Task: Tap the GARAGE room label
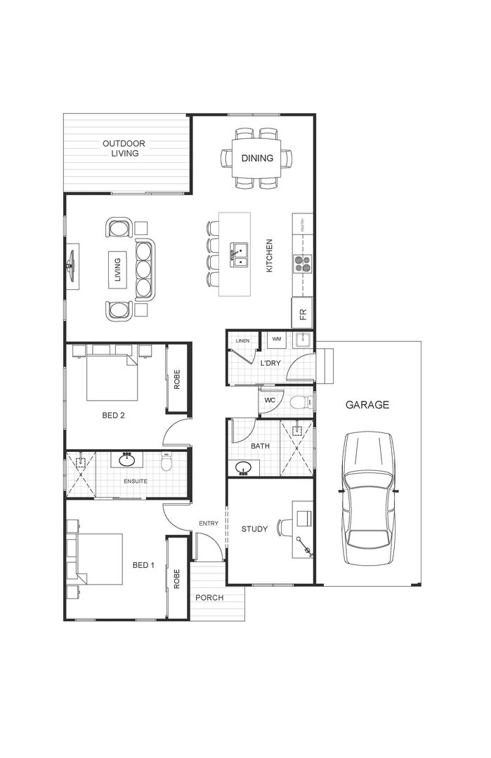(x=367, y=405)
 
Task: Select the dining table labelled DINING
(x=257, y=159)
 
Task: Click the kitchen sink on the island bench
(x=240, y=253)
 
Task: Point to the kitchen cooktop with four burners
(x=302, y=263)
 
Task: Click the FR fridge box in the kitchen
(x=303, y=313)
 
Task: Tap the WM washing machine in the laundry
(x=276, y=340)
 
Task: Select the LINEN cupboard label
(x=242, y=340)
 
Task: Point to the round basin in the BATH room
(x=244, y=468)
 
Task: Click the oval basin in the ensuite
(x=127, y=460)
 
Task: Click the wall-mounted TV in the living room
(x=71, y=266)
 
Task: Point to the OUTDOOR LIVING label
(x=124, y=149)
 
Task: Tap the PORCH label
(x=209, y=598)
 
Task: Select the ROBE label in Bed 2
(x=177, y=379)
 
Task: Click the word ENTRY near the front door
(x=209, y=524)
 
